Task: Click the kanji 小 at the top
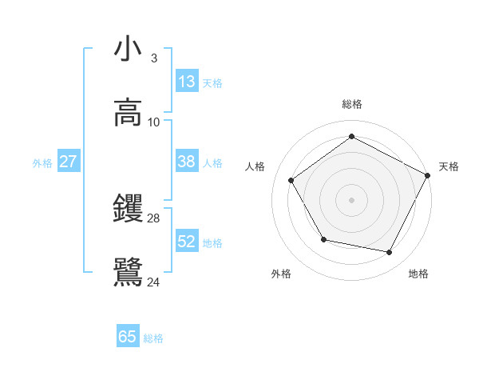point(128,50)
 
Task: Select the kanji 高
point(128,112)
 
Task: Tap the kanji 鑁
point(128,210)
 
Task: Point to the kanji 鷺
point(128,272)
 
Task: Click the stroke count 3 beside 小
point(153,58)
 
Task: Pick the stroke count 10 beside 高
point(154,122)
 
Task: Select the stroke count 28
point(154,218)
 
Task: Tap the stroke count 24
point(154,282)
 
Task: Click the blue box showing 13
point(187,82)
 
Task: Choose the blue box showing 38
point(187,162)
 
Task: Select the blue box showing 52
point(187,242)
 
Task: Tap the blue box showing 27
point(69,162)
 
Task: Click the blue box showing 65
point(128,337)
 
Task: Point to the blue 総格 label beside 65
point(153,338)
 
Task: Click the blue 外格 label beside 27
point(42,163)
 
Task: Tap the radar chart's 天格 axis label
point(449,166)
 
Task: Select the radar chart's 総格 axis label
point(352,104)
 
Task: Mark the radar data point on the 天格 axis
point(427,175)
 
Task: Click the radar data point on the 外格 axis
point(323,239)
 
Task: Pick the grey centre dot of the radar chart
point(352,199)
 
